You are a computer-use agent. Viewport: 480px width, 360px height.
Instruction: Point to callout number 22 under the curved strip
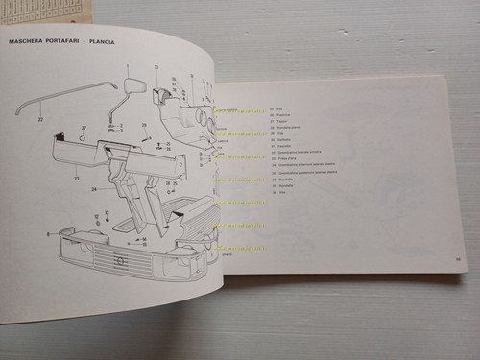pos(39,118)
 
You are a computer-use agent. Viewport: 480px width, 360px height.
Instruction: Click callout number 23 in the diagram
pos(75,179)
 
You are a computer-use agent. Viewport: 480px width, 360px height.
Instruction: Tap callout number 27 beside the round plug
pos(84,129)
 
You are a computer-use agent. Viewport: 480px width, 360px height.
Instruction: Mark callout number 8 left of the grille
pos(47,233)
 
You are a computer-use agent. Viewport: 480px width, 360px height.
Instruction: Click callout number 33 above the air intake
pos(156,67)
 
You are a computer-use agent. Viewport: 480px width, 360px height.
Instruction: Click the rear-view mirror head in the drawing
pos(135,87)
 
